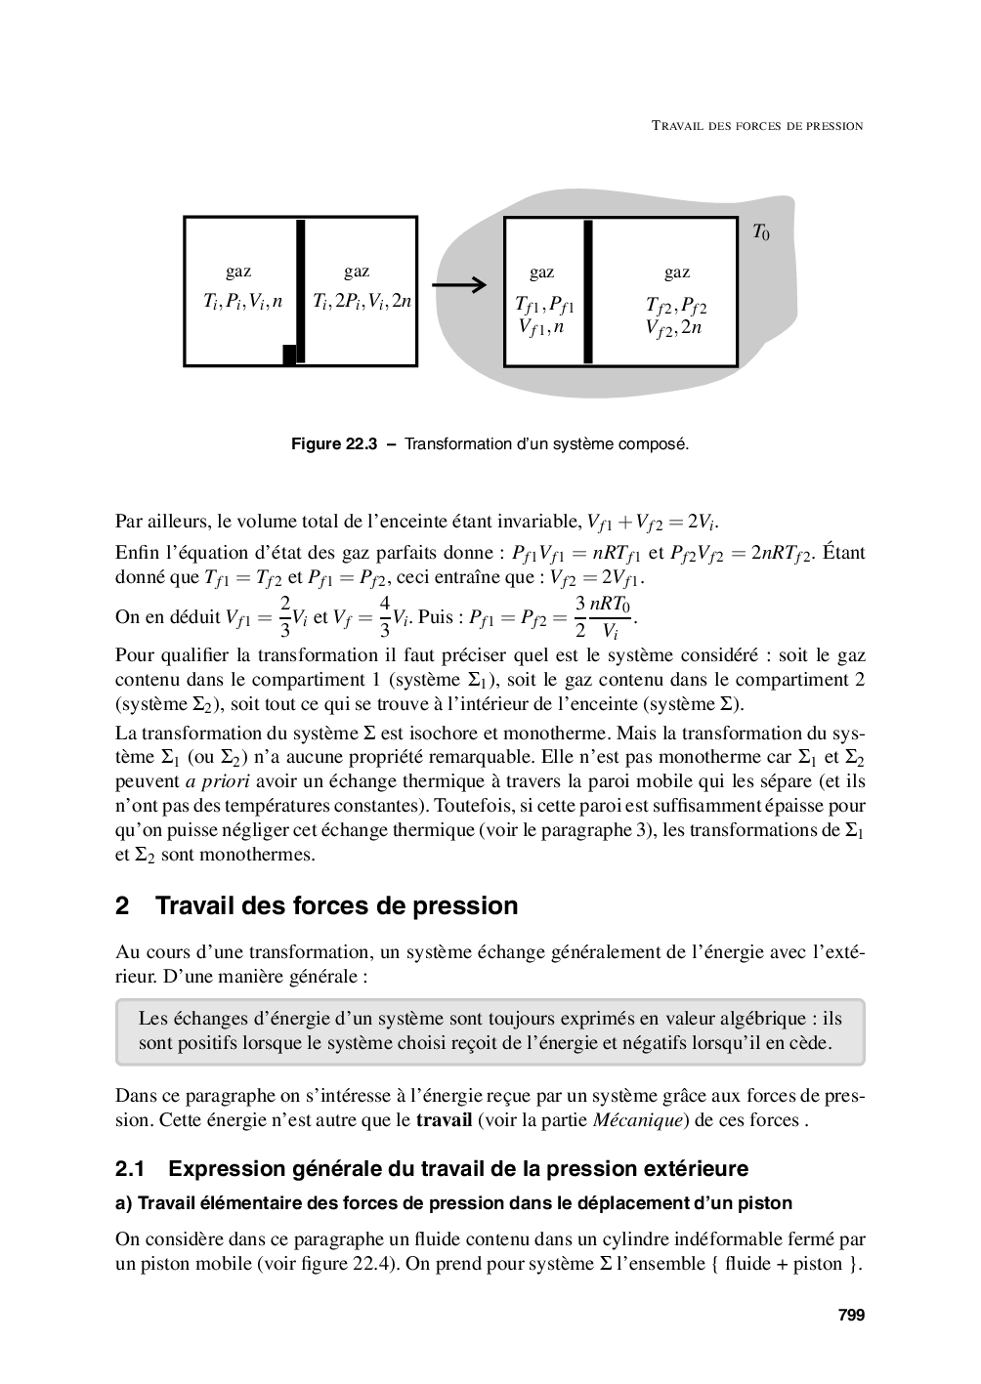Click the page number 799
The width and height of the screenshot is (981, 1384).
(x=851, y=1316)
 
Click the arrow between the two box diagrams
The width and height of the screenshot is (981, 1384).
(x=458, y=285)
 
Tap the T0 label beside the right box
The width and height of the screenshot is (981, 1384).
(x=760, y=232)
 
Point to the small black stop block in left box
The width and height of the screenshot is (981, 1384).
(x=289, y=355)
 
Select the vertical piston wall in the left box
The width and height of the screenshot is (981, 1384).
(x=300, y=291)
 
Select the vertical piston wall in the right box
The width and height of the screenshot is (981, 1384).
(x=587, y=291)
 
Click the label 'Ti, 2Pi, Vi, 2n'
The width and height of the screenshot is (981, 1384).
(x=362, y=302)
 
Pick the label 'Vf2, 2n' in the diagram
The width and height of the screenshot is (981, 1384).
(x=673, y=328)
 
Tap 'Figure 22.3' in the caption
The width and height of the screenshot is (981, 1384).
(x=334, y=444)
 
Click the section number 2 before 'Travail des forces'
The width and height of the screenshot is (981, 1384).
(x=122, y=906)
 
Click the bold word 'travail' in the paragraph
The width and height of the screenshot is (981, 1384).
(x=444, y=1119)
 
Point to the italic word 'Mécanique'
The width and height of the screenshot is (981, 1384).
(x=640, y=1119)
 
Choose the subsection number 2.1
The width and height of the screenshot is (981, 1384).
(x=130, y=1169)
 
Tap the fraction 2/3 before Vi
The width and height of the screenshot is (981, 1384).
(x=284, y=616)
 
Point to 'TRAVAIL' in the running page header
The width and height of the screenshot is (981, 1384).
(x=680, y=126)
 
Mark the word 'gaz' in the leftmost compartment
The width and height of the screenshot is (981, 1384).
(x=238, y=272)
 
